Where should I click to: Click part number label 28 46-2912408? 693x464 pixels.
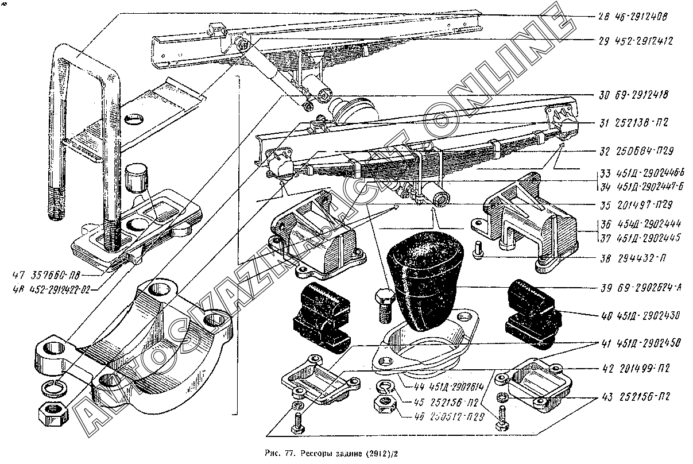click(631, 17)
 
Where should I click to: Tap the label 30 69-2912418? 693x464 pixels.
click(631, 95)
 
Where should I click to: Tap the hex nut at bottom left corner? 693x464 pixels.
click(52, 412)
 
